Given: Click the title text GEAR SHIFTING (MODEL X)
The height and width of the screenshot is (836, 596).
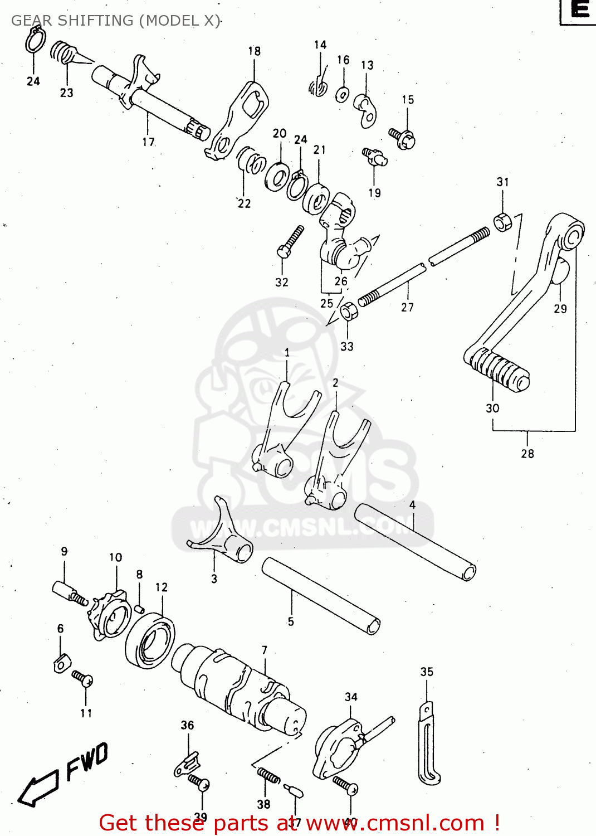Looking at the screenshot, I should [115, 21].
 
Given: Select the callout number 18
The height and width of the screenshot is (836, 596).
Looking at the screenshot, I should [254, 51].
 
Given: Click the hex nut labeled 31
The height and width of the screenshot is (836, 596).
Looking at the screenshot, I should [502, 221].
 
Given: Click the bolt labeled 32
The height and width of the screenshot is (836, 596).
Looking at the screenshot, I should [290, 241].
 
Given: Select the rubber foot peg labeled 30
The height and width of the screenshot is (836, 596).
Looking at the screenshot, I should [499, 370].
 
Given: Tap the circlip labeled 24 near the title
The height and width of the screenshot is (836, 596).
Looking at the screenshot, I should [35, 41].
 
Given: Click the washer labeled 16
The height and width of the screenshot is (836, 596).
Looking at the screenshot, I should [343, 94].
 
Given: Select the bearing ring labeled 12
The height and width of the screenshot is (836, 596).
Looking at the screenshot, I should [150, 640].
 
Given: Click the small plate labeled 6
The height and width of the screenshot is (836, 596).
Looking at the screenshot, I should [62, 663].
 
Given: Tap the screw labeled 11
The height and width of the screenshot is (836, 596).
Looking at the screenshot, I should [82, 678].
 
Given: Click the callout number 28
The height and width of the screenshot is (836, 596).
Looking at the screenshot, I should [527, 454].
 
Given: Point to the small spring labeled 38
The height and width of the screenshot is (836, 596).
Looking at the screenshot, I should [268, 775].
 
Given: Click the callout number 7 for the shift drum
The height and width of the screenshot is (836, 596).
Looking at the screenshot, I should [264, 650].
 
